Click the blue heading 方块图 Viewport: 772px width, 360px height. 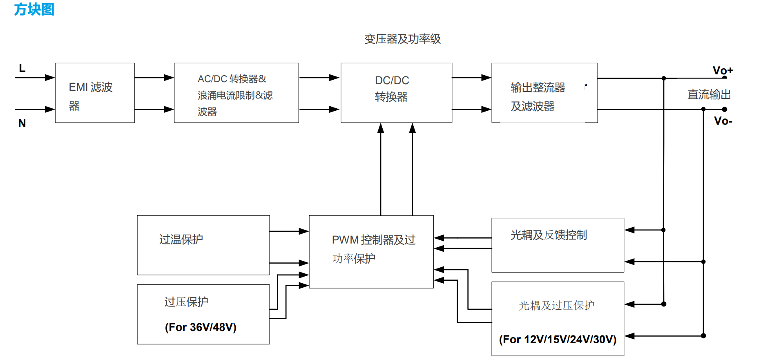(x=34, y=9)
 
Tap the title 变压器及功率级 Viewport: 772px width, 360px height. (x=402, y=39)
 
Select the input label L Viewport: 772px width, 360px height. (x=22, y=68)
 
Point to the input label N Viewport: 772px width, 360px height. (x=22, y=123)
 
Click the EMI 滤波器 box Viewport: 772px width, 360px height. (x=95, y=93)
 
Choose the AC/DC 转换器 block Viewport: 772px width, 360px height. (x=236, y=93)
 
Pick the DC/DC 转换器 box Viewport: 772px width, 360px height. (x=396, y=93)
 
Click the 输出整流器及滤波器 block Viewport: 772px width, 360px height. (x=544, y=93)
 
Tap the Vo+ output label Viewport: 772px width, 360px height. (x=723, y=70)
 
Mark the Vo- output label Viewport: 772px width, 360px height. (x=723, y=121)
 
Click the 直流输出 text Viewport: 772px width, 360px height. (x=709, y=95)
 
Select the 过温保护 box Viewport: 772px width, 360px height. (x=203, y=245)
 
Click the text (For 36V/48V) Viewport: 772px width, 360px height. (x=201, y=327)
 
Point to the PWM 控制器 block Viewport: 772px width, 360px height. (x=371, y=251)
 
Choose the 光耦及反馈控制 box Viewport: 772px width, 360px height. (x=558, y=245)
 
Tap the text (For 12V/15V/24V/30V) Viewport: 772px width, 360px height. (x=558, y=340)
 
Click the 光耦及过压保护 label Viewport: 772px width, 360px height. (x=556, y=306)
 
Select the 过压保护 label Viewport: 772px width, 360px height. (x=186, y=302)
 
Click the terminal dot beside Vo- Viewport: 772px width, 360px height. (x=724, y=109)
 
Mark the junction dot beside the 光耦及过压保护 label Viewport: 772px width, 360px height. (x=664, y=304)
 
